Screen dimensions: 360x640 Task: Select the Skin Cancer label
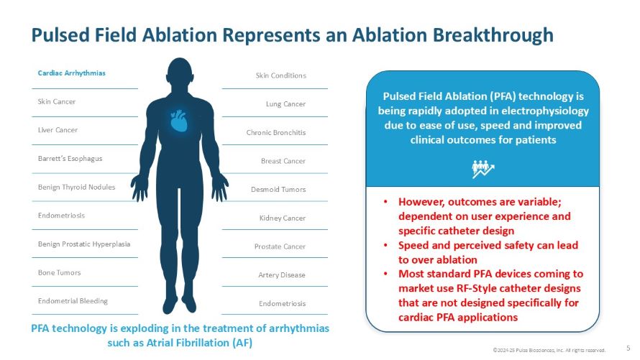[x=57, y=102]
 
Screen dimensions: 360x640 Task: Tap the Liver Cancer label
[x=58, y=130]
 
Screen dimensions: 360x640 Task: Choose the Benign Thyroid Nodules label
[x=76, y=188]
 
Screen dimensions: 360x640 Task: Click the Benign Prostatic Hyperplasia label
[x=84, y=244]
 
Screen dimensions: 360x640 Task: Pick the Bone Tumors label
[x=59, y=273]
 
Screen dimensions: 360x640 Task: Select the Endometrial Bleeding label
[x=73, y=301]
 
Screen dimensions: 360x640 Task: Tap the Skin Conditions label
[x=280, y=75]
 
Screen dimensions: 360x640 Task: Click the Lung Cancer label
[x=285, y=104]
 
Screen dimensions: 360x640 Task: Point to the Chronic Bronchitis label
[x=276, y=133]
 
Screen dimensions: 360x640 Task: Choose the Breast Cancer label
[x=283, y=161]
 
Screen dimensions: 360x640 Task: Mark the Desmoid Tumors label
[x=279, y=190]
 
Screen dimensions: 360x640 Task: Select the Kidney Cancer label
[x=283, y=218]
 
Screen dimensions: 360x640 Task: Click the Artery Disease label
[x=282, y=275]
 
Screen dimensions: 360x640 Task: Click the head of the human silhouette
[x=179, y=72]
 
